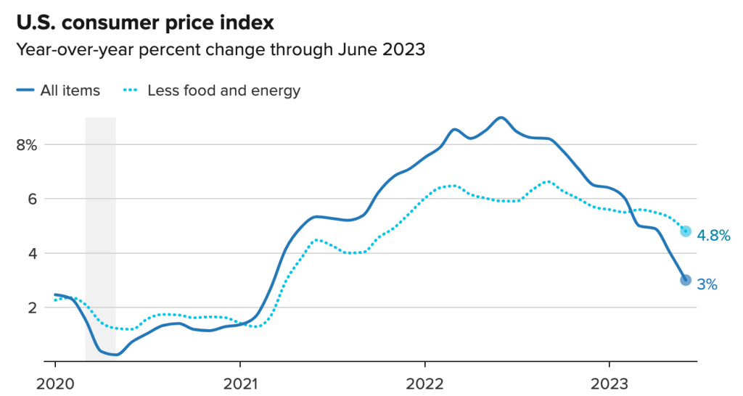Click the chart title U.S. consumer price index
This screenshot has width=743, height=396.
click(145, 22)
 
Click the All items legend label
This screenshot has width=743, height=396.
click(71, 91)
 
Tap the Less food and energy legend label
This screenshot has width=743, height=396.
click(223, 91)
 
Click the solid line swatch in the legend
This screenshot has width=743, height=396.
click(25, 91)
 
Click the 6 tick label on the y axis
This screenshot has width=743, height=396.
click(33, 199)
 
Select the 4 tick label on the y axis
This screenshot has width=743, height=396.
click(33, 253)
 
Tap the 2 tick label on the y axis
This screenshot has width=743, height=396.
click(33, 308)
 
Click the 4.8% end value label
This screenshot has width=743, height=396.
click(713, 235)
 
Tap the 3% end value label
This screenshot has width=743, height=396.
click(707, 285)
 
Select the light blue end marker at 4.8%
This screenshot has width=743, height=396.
click(686, 231)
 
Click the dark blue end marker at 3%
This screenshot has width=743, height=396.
click(686, 280)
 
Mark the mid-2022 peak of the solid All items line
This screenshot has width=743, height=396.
click(501, 117)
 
